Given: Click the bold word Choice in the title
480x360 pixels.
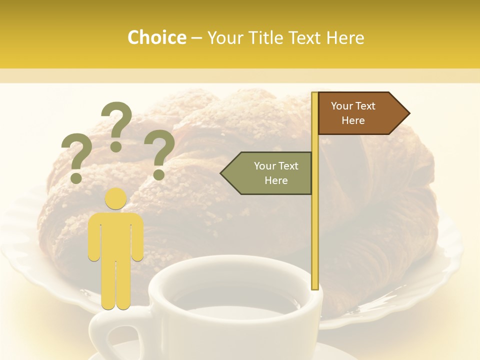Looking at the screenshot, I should point(156,37).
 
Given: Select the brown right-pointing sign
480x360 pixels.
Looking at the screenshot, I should point(360,113).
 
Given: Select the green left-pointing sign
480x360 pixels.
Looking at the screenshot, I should point(270,173).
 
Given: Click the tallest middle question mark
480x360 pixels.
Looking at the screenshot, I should point(116,122).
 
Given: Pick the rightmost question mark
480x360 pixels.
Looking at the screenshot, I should point(161,152).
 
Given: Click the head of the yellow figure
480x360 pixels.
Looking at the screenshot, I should point(116,198).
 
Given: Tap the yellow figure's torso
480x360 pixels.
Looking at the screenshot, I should point(116,235).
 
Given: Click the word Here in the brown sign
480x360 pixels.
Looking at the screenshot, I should point(353,120).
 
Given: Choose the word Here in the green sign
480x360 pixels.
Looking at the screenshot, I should point(276,180).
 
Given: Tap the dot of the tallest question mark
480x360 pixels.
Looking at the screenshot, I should point(116,146).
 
